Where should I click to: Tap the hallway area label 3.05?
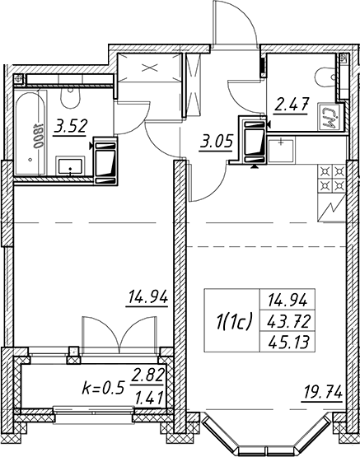(216, 143)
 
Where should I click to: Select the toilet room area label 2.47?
(291, 105)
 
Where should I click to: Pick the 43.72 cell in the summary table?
(288, 322)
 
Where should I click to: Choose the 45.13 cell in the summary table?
(288, 342)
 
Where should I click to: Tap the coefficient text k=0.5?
(104, 388)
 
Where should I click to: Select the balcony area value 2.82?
(147, 375)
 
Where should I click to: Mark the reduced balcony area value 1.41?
(148, 398)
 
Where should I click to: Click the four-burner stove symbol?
(332, 179)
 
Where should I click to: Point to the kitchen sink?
(281, 151)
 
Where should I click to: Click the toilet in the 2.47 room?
(325, 77)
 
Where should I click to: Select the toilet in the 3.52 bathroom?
(70, 98)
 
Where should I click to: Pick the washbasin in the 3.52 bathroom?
(70, 166)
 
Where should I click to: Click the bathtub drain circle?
(30, 160)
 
